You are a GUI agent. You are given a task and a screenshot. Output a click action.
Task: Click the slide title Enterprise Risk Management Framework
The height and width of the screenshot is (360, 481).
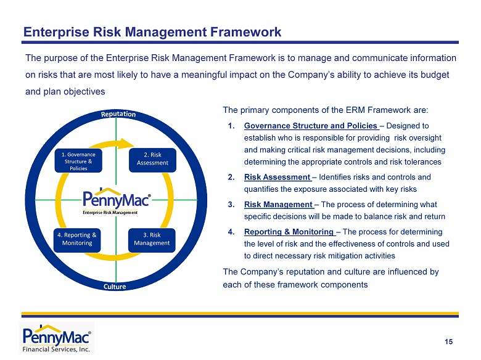[x=152, y=32]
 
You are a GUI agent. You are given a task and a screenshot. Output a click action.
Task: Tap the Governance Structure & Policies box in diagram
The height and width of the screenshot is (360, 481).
[x=78, y=161]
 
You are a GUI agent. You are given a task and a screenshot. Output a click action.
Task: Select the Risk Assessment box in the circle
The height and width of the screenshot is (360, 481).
[x=152, y=160]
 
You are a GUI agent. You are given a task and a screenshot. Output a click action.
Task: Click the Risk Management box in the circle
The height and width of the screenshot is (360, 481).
[x=152, y=240]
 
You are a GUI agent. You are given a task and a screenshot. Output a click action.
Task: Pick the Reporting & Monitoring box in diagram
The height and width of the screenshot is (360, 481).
[x=77, y=240]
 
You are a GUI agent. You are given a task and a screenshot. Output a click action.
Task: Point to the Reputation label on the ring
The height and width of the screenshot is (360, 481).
[x=118, y=114]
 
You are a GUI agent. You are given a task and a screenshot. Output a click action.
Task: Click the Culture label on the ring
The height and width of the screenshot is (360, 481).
[x=115, y=287]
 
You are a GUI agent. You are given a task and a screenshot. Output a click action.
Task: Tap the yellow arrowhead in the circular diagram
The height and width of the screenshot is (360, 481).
[x=126, y=144]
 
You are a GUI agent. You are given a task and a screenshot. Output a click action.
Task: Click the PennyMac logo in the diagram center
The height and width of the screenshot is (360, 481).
[x=117, y=198]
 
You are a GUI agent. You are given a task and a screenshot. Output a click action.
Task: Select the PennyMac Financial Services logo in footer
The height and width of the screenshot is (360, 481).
[x=57, y=338]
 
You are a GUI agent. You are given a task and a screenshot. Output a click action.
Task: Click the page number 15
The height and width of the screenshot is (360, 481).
[x=448, y=342]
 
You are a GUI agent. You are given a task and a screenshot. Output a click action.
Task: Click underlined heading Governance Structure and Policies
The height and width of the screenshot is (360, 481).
[x=311, y=126]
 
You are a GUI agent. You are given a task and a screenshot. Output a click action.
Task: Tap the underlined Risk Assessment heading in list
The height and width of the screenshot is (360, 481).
[x=278, y=178]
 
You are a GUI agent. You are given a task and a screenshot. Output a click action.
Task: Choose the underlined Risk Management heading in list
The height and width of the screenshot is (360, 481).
[x=279, y=205]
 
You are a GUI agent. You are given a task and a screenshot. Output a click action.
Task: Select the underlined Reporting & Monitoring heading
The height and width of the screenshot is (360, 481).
[x=290, y=232]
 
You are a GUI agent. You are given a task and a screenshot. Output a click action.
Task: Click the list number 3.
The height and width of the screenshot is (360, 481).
[x=231, y=205]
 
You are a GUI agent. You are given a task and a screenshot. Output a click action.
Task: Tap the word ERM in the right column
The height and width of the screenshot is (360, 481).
[x=355, y=110]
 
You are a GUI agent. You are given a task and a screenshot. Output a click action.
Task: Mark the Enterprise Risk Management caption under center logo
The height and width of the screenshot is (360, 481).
[x=110, y=213]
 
